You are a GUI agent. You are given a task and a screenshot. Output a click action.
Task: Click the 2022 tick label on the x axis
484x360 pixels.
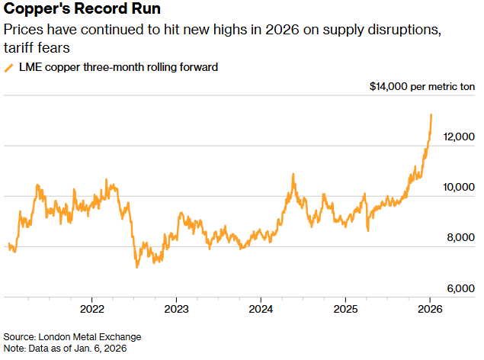(x=91, y=310)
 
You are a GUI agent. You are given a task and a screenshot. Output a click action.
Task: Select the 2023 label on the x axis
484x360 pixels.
(x=176, y=310)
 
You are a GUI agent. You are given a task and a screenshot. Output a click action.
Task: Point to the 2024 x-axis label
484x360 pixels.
(x=261, y=310)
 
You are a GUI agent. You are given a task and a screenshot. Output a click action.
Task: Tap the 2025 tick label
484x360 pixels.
(x=345, y=310)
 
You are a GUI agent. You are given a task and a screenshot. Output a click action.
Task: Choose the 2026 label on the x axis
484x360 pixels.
(x=429, y=310)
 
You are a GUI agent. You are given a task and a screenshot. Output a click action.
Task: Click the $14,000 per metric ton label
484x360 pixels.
(x=421, y=86)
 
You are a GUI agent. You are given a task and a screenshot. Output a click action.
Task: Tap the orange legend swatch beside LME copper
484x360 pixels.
(x=9, y=67)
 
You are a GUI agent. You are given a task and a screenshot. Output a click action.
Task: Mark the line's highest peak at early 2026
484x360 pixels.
(x=431, y=115)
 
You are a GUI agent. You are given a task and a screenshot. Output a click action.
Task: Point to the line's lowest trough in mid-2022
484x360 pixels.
(x=136, y=267)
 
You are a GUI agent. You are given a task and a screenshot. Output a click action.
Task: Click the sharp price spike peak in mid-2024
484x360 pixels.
(x=293, y=175)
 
